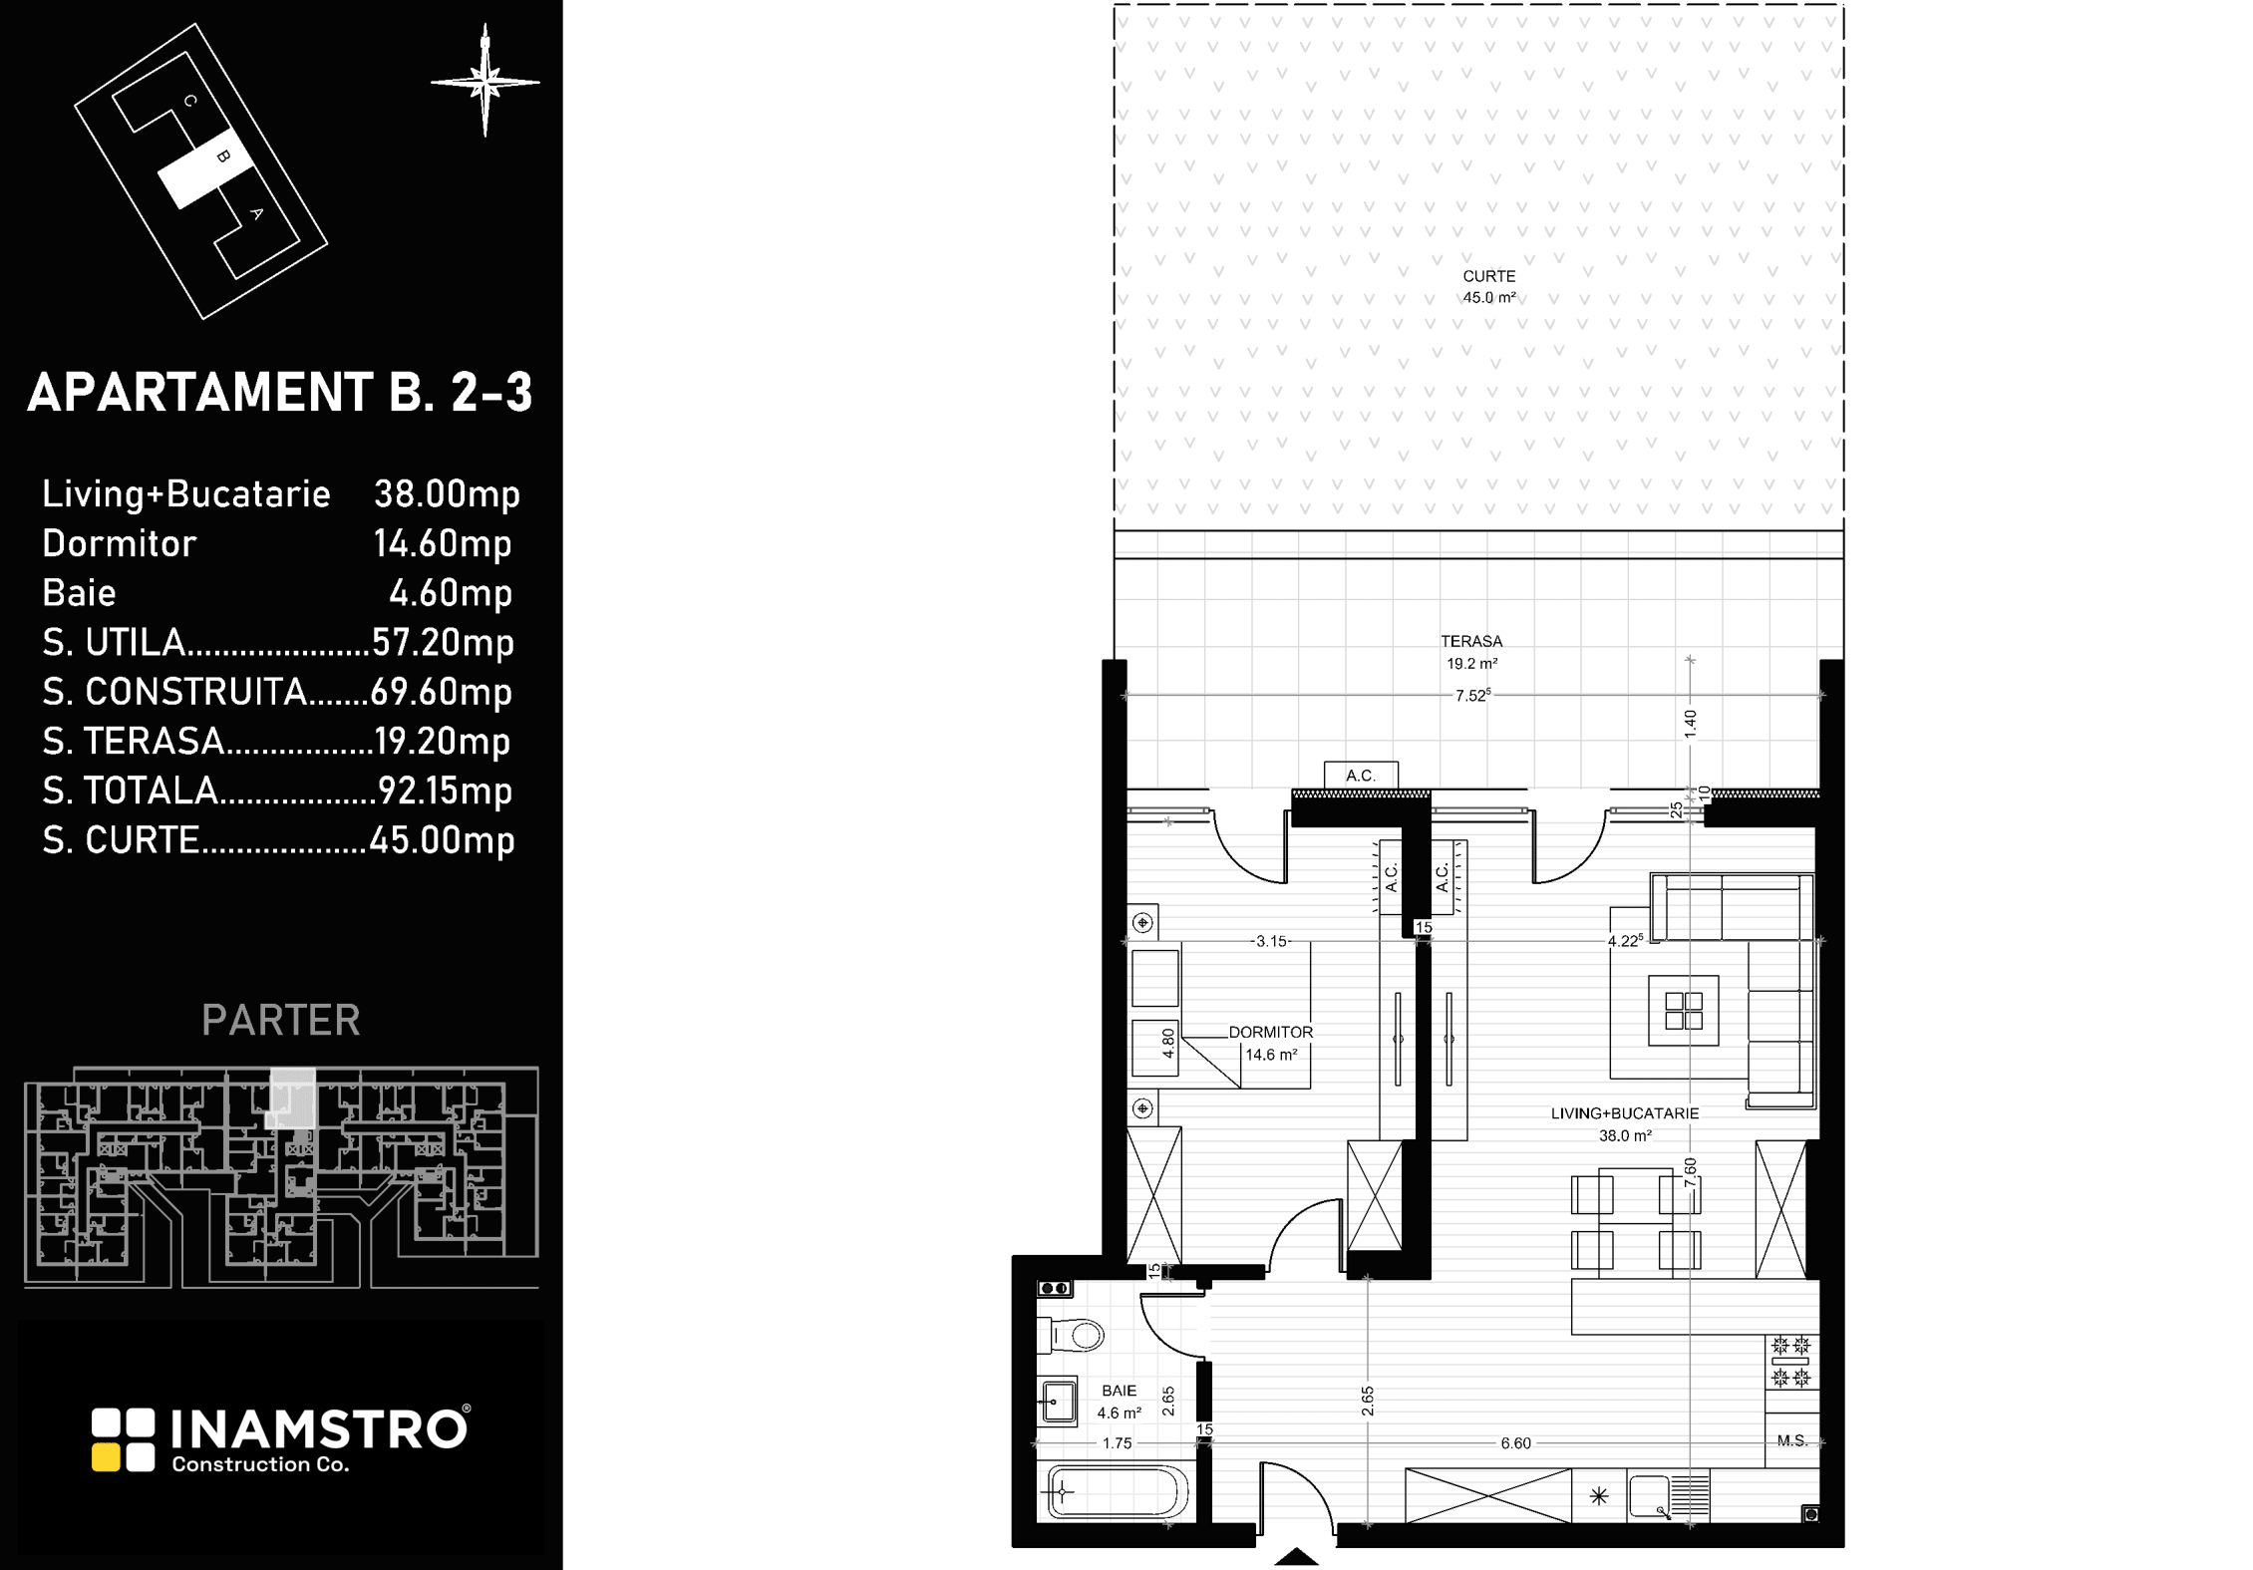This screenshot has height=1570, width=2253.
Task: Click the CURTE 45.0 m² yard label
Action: pos(1489,287)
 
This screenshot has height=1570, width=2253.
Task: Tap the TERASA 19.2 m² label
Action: pos(1471,652)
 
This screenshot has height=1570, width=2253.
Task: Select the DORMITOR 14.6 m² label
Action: pos(1271,1044)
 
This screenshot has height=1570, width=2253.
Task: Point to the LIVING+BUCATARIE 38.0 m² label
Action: pos(1625,1124)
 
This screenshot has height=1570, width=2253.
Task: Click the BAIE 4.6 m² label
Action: pos(1120,1402)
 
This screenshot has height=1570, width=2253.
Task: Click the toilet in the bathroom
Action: pos(1071,1335)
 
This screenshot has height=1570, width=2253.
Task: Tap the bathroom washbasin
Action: pos(1058,1403)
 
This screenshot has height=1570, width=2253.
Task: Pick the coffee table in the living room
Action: pos(1683,1010)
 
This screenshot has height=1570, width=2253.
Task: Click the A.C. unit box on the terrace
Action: pos(1361,775)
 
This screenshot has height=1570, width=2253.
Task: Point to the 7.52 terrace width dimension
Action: pos(1472,695)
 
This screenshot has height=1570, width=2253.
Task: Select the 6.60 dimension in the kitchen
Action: pos(1515,1442)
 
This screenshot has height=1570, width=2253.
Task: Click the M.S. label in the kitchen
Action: pos(1792,1440)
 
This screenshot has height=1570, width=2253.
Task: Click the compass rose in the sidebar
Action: pos(485,81)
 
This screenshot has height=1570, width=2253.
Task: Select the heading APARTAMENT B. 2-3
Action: pos(280,393)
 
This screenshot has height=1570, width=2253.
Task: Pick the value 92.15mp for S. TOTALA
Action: pos(446,790)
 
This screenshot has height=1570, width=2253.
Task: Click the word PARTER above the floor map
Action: pos(281,1020)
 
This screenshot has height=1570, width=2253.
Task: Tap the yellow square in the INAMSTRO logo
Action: pos(106,1458)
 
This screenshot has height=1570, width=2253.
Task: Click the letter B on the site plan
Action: pos(223,157)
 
